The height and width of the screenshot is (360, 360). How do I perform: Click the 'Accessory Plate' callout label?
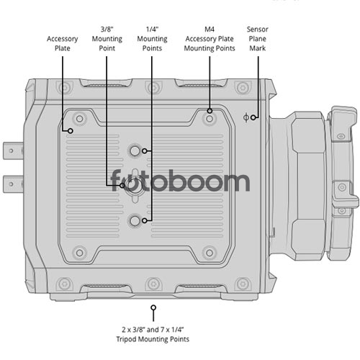point(63,43)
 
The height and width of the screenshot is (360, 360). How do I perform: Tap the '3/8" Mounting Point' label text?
point(107,39)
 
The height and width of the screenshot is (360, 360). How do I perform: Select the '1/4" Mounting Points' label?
point(152,39)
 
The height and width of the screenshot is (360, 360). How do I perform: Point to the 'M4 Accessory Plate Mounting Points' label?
point(210,39)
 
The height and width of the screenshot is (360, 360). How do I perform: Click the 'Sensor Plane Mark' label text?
point(258,39)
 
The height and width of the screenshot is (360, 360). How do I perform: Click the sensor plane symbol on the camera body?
point(246,117)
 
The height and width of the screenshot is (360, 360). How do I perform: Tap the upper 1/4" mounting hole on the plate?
point(135,151)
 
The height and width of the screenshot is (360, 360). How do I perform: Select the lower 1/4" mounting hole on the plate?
point(135,220)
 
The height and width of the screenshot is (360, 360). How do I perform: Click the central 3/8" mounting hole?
point(135,186)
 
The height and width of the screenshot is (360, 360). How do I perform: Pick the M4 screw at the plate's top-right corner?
point(210,119)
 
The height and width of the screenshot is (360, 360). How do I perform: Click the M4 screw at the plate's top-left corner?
point(79,119)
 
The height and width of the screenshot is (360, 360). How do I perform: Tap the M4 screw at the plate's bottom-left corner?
point(79,253)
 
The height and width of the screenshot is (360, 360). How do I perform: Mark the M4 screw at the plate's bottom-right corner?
point(210,253)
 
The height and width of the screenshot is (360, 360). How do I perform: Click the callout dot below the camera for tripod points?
point(153,307)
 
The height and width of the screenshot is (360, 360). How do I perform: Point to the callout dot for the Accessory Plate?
point(71,131)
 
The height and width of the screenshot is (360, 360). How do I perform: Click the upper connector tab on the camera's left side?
point(13,150)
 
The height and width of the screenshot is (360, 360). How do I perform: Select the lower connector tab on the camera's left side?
point(13,184)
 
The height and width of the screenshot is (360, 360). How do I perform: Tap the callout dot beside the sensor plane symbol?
point(253,117)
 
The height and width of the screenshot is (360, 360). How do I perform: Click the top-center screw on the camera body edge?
point(153,87)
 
